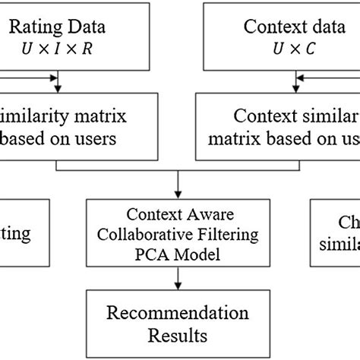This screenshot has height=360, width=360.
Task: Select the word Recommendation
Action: click(177, 313)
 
